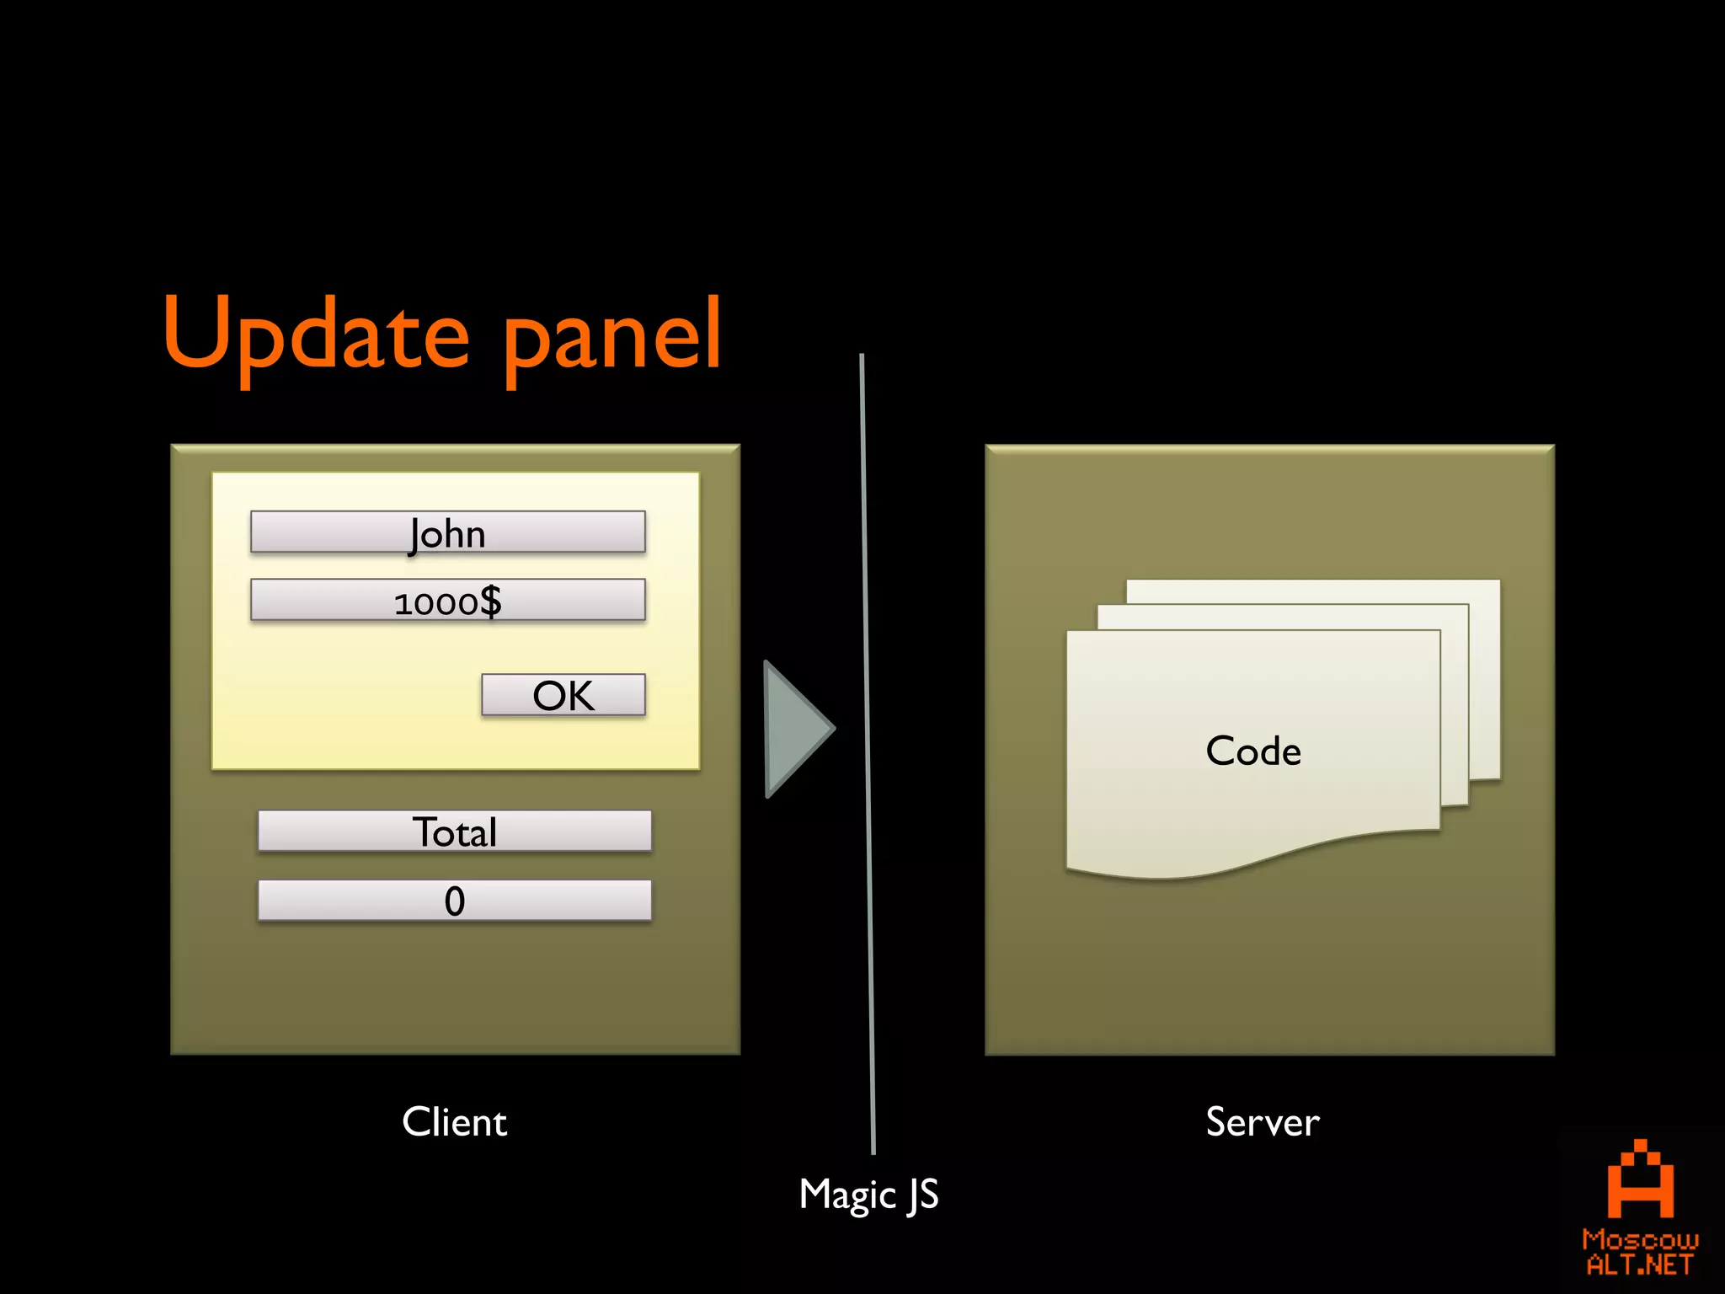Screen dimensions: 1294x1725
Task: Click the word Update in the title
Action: [316, 335]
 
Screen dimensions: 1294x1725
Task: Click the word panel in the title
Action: [612, 335]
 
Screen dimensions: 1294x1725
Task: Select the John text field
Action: [447, 532]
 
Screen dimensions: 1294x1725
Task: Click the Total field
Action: [454, 831]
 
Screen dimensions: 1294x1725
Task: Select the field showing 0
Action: [454, 901]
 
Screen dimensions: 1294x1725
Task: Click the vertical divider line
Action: [867, 758]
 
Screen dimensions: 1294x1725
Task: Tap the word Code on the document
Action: [1253, 751]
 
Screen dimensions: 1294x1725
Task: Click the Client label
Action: [454, 1122]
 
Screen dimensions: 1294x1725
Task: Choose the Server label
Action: [1262, 1122]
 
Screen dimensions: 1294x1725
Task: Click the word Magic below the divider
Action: [847, 1195]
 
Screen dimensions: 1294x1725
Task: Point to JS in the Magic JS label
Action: [923, 1195]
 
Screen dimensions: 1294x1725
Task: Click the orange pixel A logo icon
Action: [1640, 1179]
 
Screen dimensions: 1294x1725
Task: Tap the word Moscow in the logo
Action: [1640, 1239]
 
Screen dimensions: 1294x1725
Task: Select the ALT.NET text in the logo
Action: [1640, 1265]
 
